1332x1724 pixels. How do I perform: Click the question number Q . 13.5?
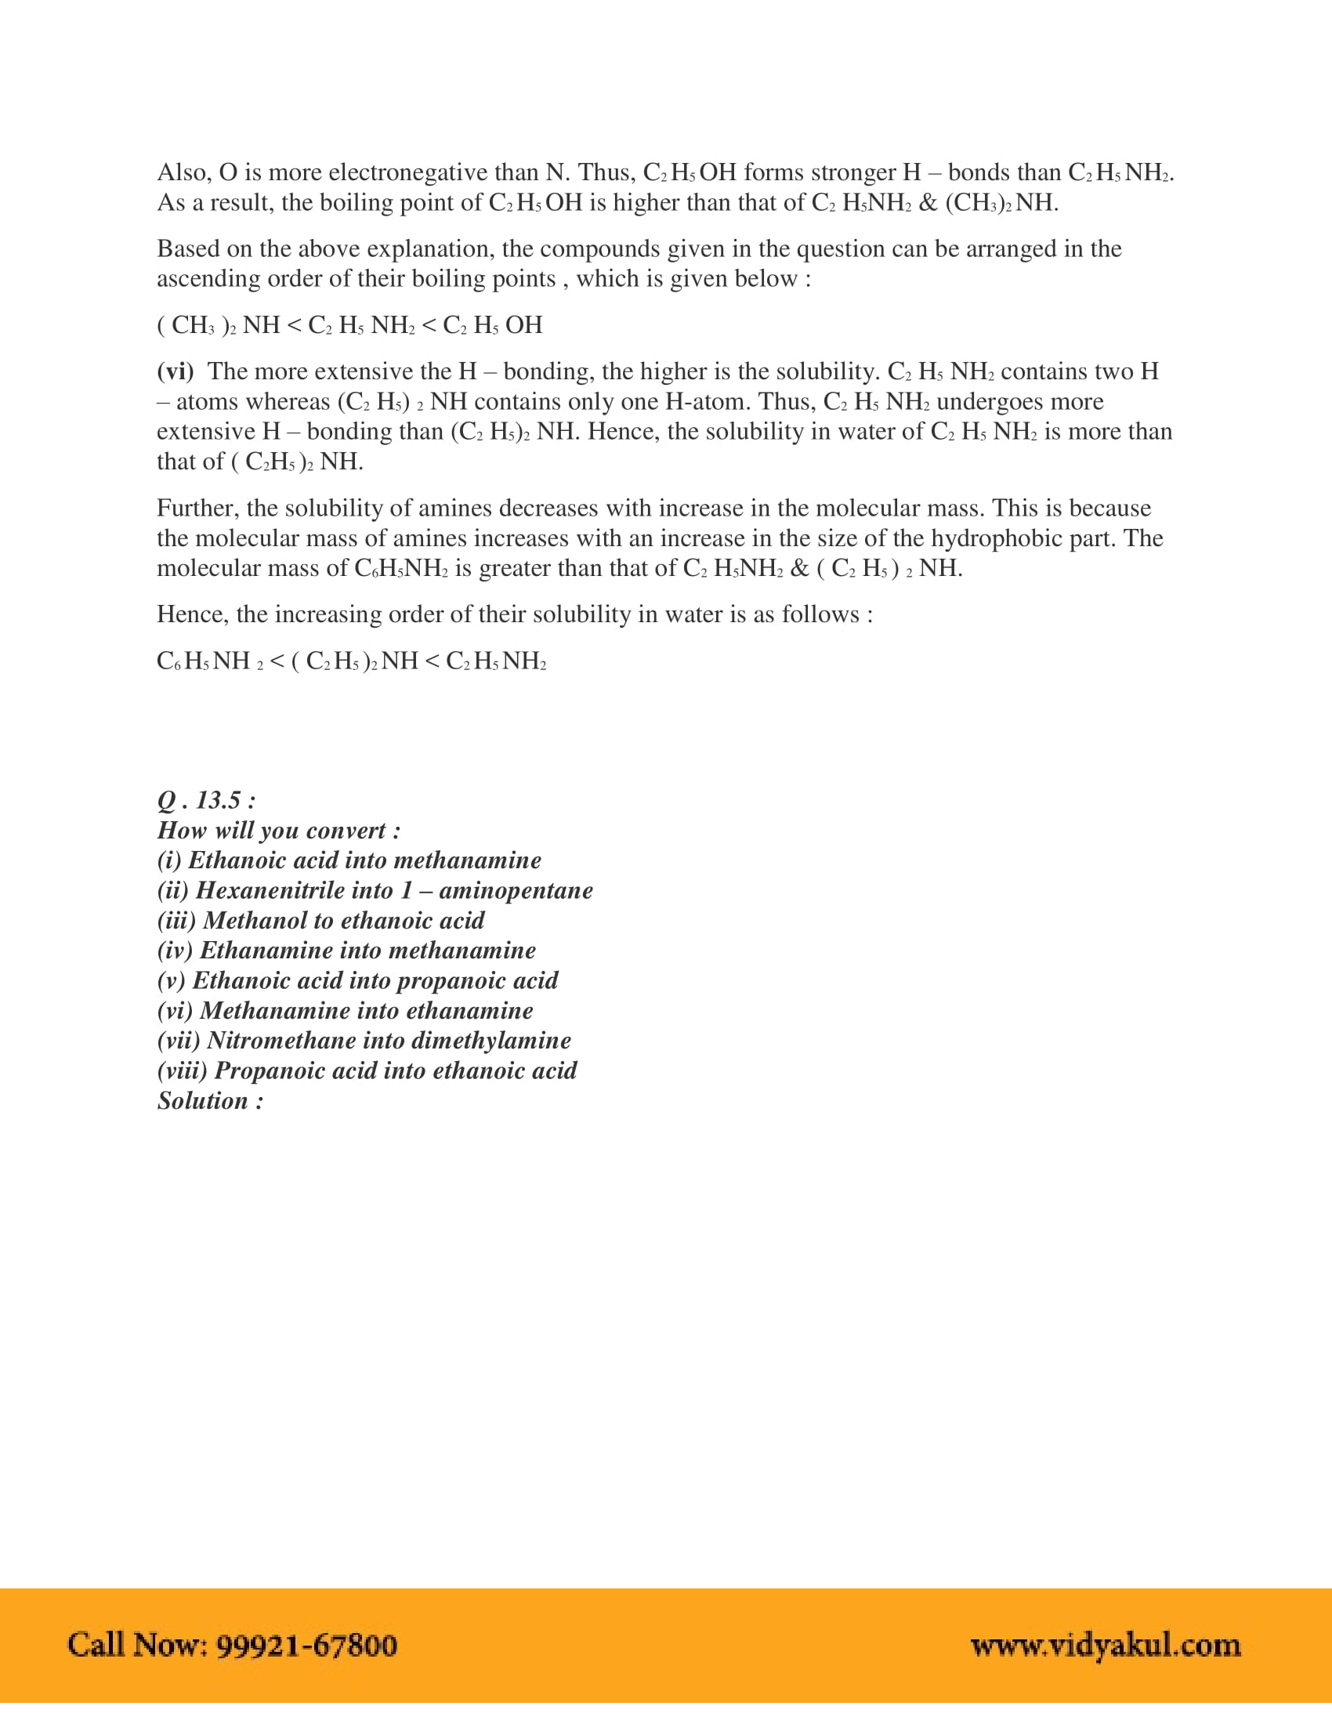click(206, 800)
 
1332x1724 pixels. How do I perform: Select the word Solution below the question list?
click(203, 1100)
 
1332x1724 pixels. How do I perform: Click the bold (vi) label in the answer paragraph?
click(176, 371)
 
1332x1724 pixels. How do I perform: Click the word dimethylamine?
click(490, 1041)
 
